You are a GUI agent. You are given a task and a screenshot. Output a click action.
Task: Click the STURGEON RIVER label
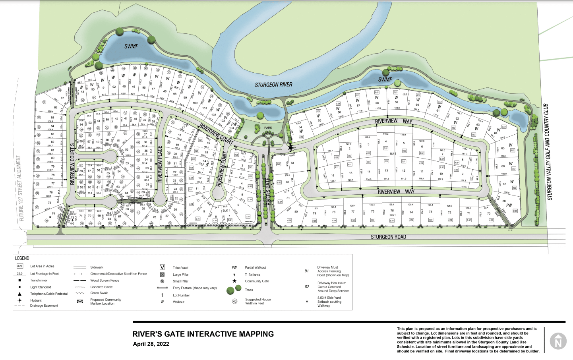[273, 85]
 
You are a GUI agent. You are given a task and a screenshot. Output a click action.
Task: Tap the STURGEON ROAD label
[388, 237]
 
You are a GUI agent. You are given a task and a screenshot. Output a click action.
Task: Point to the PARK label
[268, 128]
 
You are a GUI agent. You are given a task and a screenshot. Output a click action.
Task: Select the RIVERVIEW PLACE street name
[160, 164]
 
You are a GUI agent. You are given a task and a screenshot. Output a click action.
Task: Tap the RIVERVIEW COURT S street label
[72, 164]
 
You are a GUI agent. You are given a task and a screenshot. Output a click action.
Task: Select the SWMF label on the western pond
[131, 46]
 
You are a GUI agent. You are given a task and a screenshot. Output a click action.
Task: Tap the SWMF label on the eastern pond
[385, 79]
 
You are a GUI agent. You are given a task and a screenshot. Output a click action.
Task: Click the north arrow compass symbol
[558, 341]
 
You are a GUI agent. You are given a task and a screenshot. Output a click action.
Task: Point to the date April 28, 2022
[151, 344]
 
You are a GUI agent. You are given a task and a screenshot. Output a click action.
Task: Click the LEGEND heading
[22, 258]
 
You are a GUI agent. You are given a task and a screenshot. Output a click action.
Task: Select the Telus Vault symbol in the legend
[162, 267]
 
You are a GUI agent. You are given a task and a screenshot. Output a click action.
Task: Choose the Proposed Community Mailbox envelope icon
[80, 302]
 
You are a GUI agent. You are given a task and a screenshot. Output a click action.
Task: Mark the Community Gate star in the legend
[234, 281]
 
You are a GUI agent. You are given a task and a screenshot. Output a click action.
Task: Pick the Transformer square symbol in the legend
[19, 280]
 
